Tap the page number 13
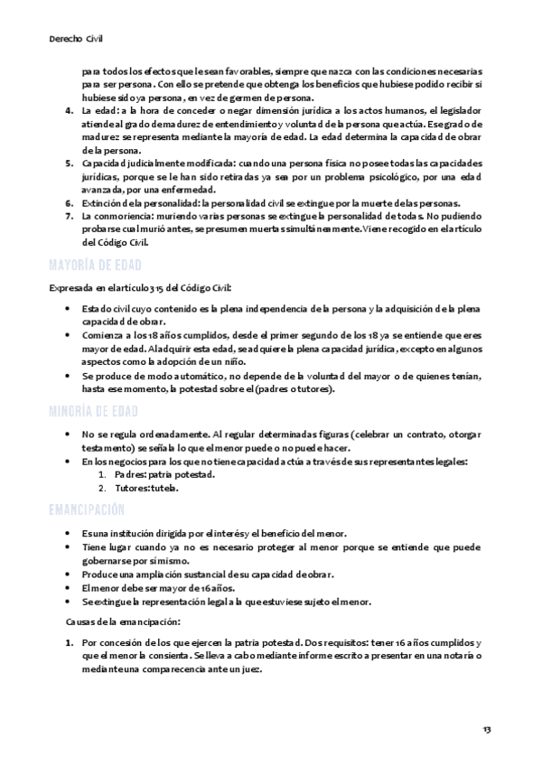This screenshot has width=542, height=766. click(x=488, y=729)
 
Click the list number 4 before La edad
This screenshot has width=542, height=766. click(x=71, y=111)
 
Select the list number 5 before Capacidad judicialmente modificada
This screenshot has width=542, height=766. click(x=71, y=163)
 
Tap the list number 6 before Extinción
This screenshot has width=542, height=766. click(x=71, y=203)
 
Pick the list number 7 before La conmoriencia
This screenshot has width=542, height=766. click(x=71, y=217)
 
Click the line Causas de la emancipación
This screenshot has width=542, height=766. click(x=123, y=621)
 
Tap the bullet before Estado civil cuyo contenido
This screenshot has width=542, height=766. click(x=71, y=309)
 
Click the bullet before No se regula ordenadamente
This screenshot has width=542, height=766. click(x=71, y=435)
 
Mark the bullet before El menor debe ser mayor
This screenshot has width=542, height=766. click(x=71, y=588)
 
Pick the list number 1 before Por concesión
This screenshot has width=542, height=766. click(x=71, y=642)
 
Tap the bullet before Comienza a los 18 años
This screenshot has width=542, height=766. click(x=71, y=335)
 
